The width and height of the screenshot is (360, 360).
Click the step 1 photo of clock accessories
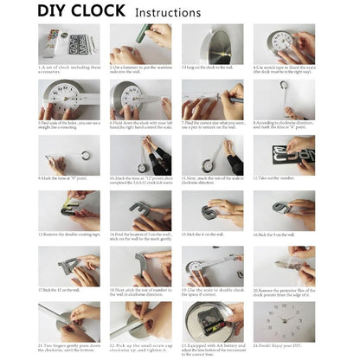(x=68, y=42)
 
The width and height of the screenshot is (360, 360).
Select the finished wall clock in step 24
(x=284, y=321)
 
